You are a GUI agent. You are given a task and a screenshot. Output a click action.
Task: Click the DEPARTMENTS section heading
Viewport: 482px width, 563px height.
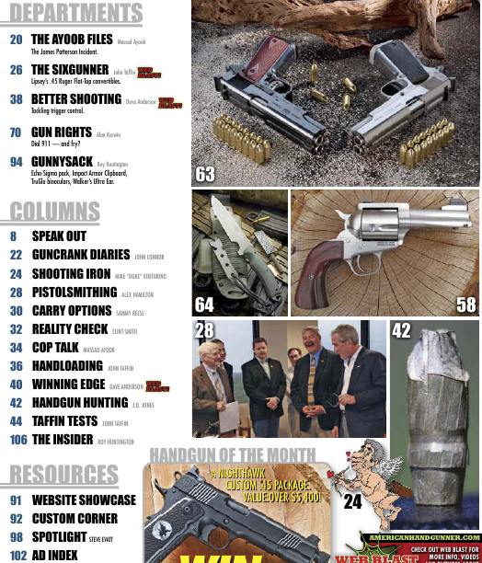(75, 13)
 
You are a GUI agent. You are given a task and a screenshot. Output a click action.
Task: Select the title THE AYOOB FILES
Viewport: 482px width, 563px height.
(72, 40)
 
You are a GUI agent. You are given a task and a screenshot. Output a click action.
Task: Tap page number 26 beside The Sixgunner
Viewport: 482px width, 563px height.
(16, 70)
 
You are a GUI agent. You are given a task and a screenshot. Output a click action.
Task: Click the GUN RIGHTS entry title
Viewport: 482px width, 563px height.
(62, 132)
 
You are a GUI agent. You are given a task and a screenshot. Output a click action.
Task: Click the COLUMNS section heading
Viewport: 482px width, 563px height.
(55, 212)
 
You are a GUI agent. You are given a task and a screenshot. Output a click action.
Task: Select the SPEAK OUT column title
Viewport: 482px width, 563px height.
(59, 236)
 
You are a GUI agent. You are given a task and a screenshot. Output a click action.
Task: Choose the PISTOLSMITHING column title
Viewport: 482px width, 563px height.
(74, 293)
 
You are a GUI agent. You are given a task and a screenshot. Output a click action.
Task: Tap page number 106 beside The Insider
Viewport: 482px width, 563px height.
(18, 441)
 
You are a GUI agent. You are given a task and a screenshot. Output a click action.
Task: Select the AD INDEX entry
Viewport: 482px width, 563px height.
(55, 556)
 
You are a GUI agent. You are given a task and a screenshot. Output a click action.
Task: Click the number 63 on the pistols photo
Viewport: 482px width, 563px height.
(205, 174)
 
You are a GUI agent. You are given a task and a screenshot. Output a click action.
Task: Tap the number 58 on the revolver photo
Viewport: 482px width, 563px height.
(465, 304)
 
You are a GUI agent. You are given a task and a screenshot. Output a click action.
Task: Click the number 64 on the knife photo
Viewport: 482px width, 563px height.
(204, 304)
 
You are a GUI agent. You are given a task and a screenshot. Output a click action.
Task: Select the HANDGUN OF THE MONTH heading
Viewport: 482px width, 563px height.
(233, 454)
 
